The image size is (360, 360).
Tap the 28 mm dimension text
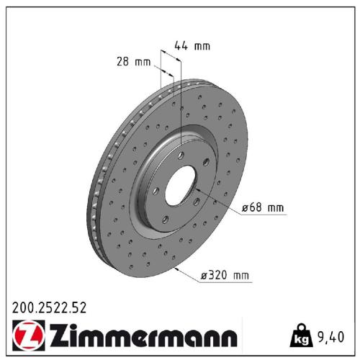[x=132, y=62]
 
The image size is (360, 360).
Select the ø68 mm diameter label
[x=263, y=208]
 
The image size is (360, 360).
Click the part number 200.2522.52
[x=49, y=307]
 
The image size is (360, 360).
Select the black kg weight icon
[x=301, y=336]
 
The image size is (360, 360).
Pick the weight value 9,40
[x=330, y=336]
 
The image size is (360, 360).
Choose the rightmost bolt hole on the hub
[x=205, y=163]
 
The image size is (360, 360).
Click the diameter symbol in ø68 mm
[x=246, y=208]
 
